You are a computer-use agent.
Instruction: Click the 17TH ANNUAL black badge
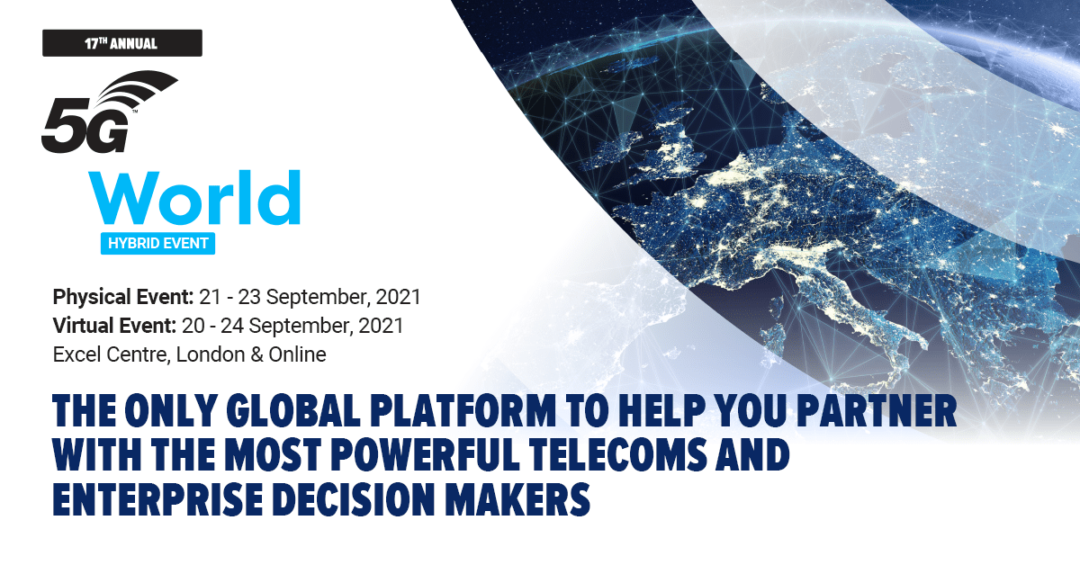tap(122, 43)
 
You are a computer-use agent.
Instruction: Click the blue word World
tap(194, 197)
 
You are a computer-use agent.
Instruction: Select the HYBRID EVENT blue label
tap(157, 244)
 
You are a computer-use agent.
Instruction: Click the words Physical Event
tap(123, 297)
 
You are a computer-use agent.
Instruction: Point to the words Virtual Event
tap(114, 326)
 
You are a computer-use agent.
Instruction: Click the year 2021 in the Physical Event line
tap(398, 297)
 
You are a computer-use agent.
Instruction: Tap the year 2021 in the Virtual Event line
tap(381, 326)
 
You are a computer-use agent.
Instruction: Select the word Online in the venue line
tap(298, 354)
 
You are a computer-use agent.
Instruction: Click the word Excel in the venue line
tap(76, 354)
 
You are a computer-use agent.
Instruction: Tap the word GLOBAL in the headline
tap(293, 411)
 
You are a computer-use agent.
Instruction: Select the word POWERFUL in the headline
tap(425, 454)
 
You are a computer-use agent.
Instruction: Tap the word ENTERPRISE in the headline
tap(157, 498)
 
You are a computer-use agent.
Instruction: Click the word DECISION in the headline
tap(354, 498)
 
